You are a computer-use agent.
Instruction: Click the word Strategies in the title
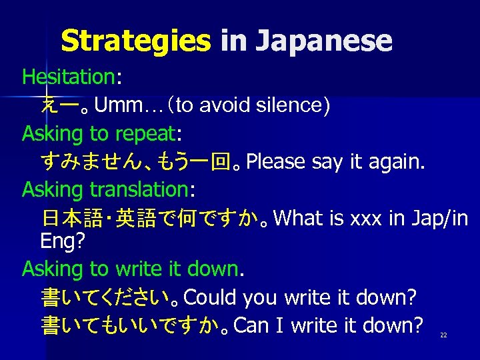point(135,41)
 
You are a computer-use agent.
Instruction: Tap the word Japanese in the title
point(323,41)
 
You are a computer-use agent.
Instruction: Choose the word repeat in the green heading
point(145,133)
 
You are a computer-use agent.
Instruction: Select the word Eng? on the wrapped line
point(62,241)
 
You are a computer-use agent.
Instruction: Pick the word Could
point(211,297)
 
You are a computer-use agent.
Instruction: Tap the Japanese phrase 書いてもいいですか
point(131,325)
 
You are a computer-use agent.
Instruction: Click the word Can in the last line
point(251,325)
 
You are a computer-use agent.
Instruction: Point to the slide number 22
point(443,335)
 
